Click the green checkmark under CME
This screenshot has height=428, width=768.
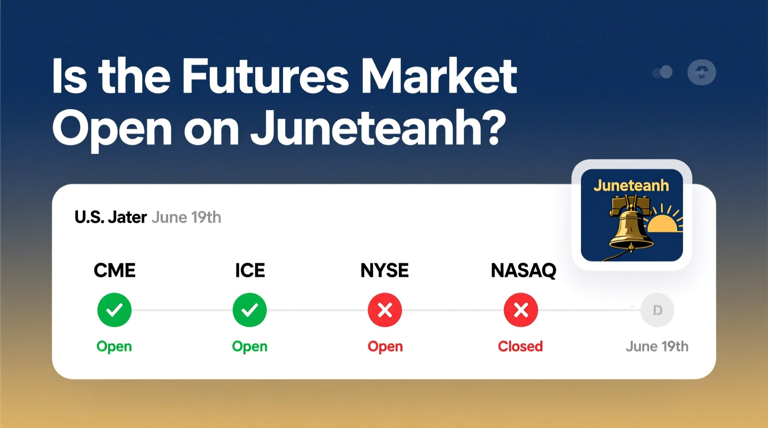coord(114,310)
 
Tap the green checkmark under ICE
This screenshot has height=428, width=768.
coord(250,310)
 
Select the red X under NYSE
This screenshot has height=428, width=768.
coord(385,310)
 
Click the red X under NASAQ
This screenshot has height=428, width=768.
coord(521,310)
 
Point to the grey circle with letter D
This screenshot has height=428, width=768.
coord(657,310)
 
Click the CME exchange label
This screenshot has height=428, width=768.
coord(114,270)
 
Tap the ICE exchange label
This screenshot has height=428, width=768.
coord(250,270)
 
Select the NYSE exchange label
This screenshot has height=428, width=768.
coord(384,270)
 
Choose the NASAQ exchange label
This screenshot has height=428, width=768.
coord(523,270)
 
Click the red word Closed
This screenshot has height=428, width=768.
coord(520,346)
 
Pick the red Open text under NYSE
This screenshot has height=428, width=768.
coord(385,346)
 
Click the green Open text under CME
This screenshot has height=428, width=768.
coord(114,346)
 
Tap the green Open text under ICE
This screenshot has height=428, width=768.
coord(250,346)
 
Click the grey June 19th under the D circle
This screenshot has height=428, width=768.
coord(657,346)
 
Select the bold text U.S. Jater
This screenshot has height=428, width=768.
coord(110,217)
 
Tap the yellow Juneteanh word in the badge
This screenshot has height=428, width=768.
coord(631,185)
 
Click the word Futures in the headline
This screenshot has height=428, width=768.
coord(265,76)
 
